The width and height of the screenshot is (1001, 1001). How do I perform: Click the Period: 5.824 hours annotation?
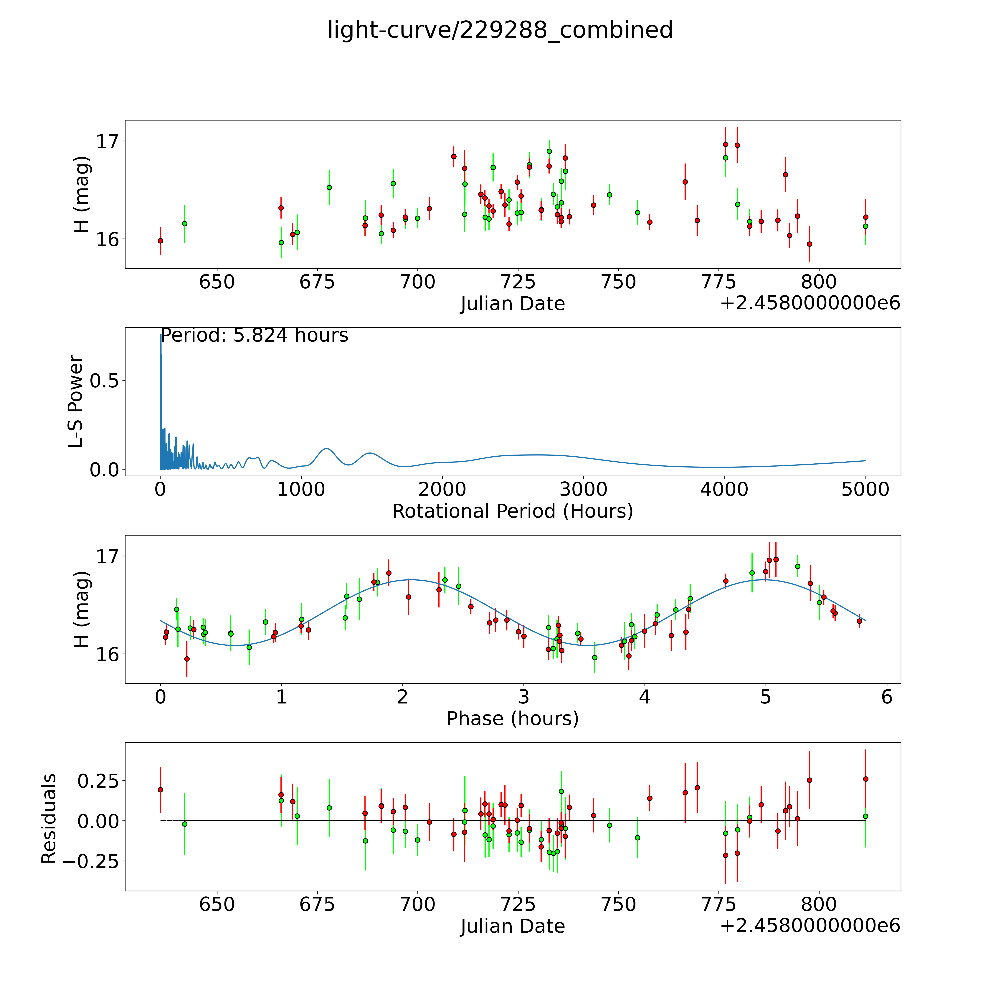pos(254,336)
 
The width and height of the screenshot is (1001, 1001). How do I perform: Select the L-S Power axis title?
pos(76,402)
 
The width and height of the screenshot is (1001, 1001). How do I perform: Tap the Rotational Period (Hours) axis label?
pos(512,511)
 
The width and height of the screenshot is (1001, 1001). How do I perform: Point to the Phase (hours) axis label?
pos(512,719)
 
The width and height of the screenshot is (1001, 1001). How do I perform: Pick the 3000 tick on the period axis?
pos(583,490)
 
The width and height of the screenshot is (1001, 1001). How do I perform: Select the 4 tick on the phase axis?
pos(645,697)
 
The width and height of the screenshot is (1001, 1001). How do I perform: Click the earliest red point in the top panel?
pos(161,241)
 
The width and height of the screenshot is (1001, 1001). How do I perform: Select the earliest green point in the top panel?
pos(184,224)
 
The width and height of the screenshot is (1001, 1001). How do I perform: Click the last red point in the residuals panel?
pos(865,779)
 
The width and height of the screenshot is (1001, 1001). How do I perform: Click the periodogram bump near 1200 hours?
pos(326,449)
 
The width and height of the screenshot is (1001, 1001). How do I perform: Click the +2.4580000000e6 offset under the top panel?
pos(810,304)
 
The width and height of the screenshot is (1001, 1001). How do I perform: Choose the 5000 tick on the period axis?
pos(865,490)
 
